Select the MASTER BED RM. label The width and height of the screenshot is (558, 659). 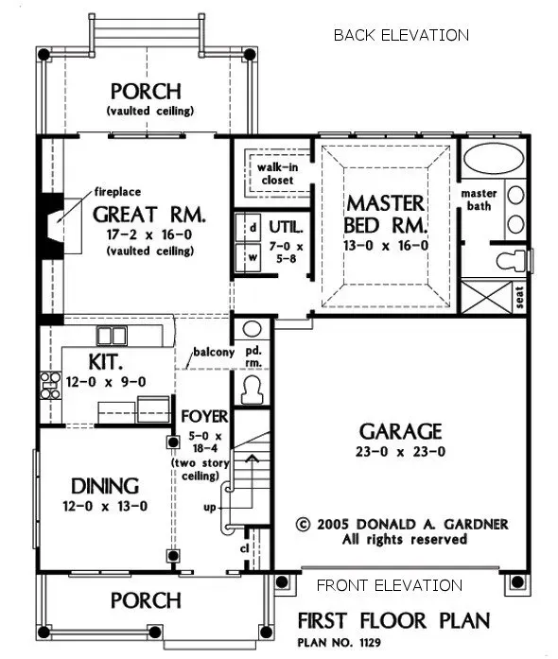386,215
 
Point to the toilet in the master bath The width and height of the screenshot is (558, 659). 504,258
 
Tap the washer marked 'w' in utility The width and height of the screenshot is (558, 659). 253,256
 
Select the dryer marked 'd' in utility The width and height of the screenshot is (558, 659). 253,228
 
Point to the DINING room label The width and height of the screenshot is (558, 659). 105,486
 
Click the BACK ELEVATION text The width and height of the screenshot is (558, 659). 401,36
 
